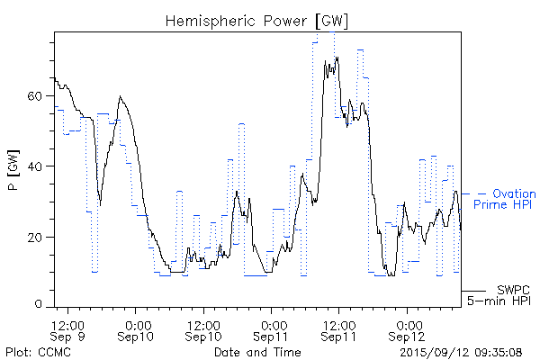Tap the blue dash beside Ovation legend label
coord(481,193)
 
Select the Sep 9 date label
coord(68,336)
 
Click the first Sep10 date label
coord(137,336)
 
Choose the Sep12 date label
coord(409,336)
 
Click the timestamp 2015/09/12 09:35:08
coord(462,350)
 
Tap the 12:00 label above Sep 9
coord(68,322)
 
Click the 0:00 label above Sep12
coord(409,322)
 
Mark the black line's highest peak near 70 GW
coord(337,58)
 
